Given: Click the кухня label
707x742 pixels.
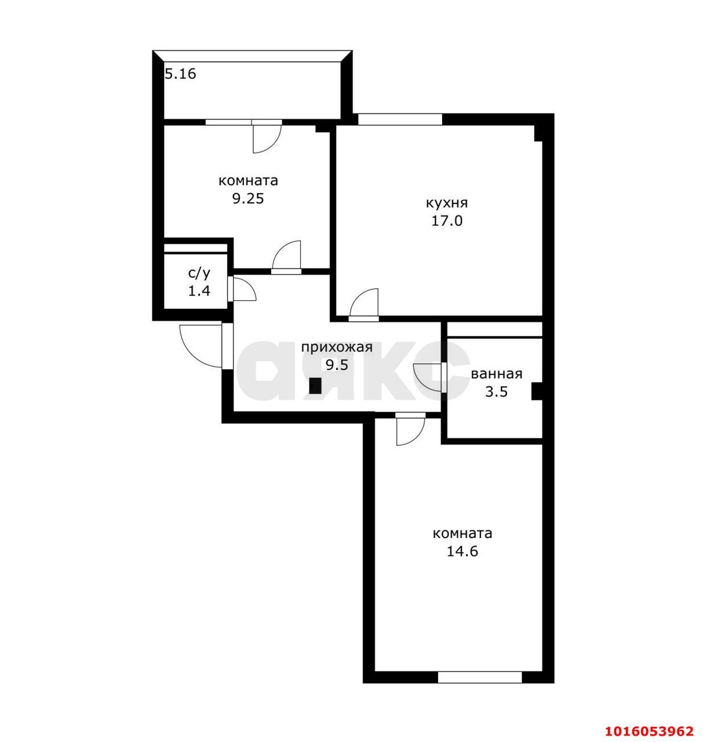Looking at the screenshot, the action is pyautogui.click(x=447, y=203).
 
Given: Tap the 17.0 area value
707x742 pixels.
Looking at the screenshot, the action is pyautogui.click(x=447, y=221).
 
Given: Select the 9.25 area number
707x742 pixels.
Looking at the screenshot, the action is pyautogui.click(x=248, y=198).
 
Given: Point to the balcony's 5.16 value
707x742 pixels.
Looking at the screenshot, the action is pyautogui.click(x=181, y=74).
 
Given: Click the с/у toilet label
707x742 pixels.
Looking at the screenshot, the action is pyautogui.click(x=199, y=273).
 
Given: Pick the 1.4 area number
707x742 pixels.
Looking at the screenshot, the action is pyautogui.click(x=199, y=291).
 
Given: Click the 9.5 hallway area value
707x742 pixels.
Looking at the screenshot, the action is pyautogui.click(x=337, y=365).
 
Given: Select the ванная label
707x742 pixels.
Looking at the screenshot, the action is pyautogui.click(x=497, y=374).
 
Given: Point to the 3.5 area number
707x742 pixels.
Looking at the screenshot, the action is pyautogui.click(x=496, y=392).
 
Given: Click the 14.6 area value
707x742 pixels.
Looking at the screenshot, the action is pyautogui.click(x=462, y=551).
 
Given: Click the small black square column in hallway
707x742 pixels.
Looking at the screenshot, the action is pyautogui.click(x=315, y=385).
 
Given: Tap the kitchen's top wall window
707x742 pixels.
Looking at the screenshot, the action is pyautogui.click(x=399, y=119).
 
